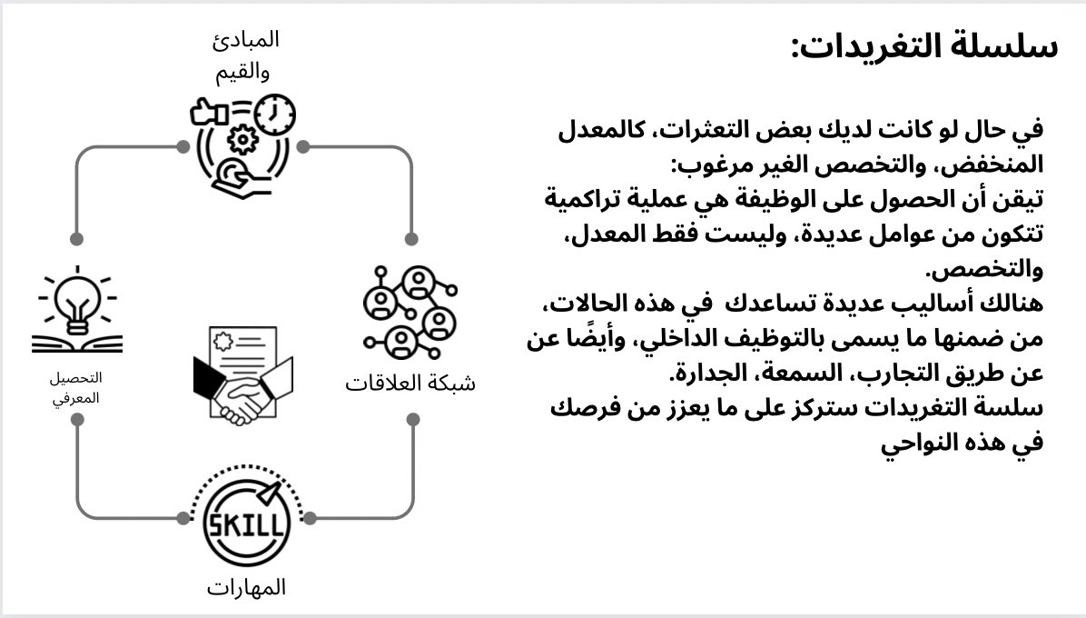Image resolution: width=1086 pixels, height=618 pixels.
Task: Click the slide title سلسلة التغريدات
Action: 923,45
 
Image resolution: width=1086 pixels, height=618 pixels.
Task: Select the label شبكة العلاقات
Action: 410,383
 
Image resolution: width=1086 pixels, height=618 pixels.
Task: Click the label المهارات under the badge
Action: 246,588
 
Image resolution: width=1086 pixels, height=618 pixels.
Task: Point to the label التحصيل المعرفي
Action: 76,385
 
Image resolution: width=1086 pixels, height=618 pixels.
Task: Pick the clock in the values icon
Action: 275,115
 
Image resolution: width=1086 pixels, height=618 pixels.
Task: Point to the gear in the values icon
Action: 242,139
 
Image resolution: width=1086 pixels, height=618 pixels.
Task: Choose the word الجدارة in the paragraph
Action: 709,373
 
